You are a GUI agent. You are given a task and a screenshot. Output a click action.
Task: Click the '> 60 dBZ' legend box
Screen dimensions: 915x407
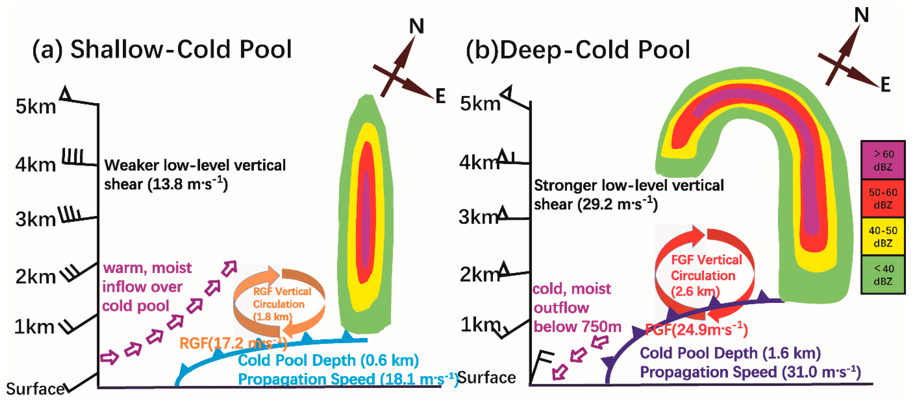883,160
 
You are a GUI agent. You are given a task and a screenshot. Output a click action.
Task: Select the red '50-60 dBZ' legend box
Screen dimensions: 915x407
883,198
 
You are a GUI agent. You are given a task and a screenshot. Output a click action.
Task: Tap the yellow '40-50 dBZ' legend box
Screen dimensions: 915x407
883,237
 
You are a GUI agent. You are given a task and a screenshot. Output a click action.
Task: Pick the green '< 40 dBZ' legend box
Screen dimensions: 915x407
883,275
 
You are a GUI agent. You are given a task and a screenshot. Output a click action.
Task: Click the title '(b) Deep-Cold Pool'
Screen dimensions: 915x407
578,50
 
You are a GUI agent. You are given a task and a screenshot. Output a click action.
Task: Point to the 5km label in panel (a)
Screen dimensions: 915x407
36,107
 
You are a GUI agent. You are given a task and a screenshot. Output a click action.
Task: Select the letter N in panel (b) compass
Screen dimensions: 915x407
862,16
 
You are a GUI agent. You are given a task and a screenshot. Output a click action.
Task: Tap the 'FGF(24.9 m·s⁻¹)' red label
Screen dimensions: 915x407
696,330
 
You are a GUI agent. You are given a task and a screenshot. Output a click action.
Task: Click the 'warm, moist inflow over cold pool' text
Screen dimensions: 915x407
147,287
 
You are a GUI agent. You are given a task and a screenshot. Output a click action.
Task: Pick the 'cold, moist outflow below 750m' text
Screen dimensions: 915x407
577,308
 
